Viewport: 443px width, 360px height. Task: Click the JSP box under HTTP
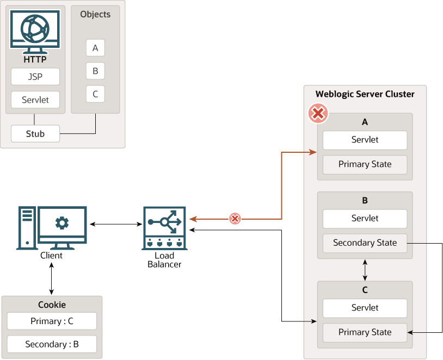(x=35, y=77)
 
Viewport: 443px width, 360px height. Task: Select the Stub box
(x=35, y=133)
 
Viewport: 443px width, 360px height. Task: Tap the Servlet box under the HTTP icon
(x=35, y=100)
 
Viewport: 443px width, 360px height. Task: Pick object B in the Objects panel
(x=95, y=71)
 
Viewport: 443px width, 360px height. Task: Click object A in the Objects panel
(x=95, y=48)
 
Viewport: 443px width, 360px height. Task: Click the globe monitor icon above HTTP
(x=35, y=32)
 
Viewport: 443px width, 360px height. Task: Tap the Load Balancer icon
(x=164, y=228)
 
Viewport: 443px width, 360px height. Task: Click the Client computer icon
(x=52, y=228)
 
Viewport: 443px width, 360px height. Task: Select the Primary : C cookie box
(x=52, y=321)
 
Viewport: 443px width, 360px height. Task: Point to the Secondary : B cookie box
(x=52, y=344)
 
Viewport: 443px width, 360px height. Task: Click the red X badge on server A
(x=318, y=114)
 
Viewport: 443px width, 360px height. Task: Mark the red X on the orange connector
(x=235, y=219)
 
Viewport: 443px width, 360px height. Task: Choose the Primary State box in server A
(x=365, y=164)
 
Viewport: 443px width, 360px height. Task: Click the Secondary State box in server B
(x=365, y=243)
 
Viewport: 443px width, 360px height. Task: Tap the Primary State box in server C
(x=365, y=332)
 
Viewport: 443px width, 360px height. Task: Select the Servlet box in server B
(x=365, y=219)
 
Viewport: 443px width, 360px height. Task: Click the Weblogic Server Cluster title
(x=365, y=94)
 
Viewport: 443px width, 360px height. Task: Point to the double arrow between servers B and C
(x=365, y=269)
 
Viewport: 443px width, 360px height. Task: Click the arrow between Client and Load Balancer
(x=116, y=224)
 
